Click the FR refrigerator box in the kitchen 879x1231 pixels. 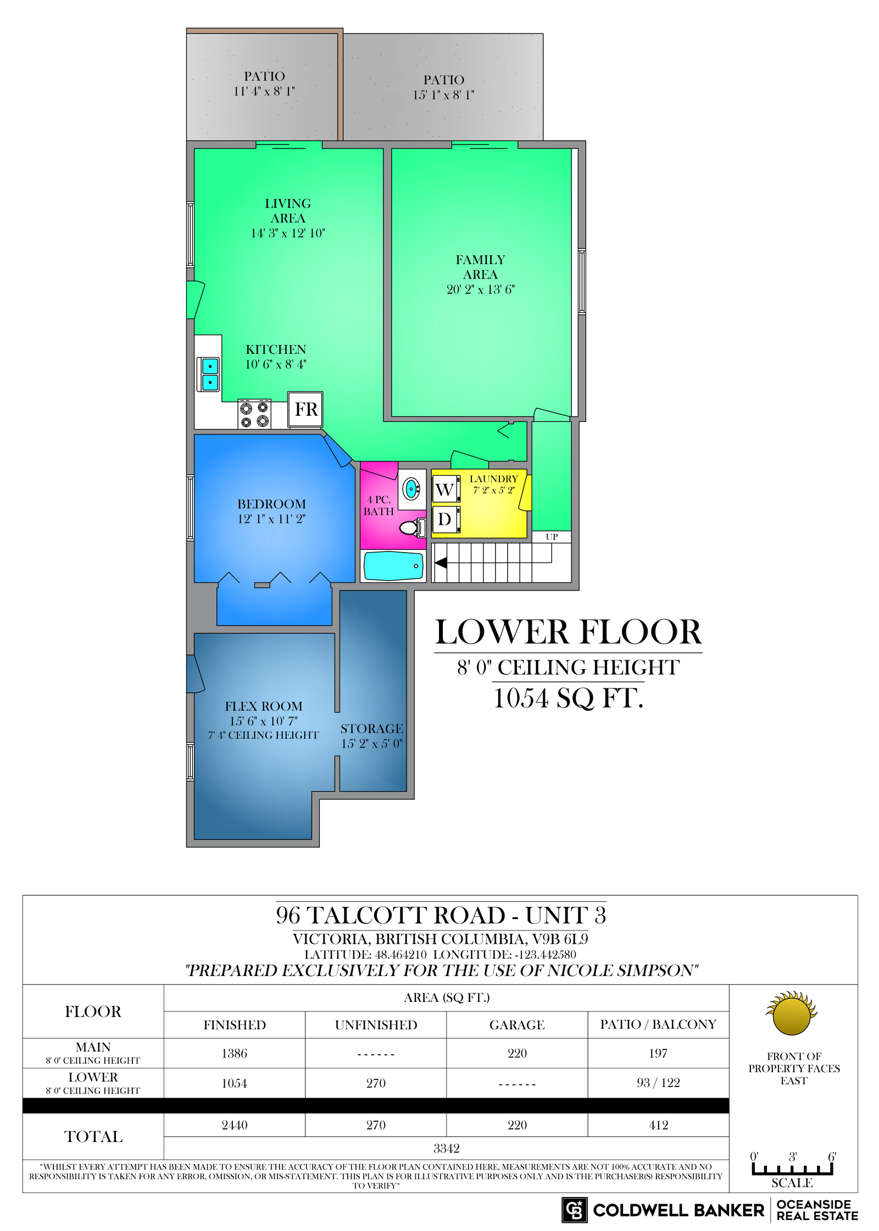tap(305, 409)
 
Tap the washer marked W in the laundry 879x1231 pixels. tap(445, 489)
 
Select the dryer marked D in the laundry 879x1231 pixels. tap(445, 519)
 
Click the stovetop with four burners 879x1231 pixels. tap(254, 414)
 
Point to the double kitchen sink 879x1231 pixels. tap(209, 374)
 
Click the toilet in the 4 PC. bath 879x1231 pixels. tap(413, 528)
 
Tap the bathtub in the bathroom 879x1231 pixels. tap(393, 566)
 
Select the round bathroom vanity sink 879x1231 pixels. tap(411, 488)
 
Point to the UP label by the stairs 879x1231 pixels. tap(552, 537)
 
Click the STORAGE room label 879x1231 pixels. tap(371, 728)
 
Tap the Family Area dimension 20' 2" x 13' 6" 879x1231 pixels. tap(480, 289)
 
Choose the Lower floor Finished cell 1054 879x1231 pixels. tap(235, 1083)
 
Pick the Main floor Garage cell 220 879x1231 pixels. tap(517, 1052)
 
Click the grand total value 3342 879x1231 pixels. tap(446, 1148)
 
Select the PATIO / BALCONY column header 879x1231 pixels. tap(658, 1024)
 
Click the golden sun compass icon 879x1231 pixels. tap(792, 1013)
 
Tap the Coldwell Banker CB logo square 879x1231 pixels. tap(574, 1210)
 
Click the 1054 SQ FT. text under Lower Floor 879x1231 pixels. tap(568, 698)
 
